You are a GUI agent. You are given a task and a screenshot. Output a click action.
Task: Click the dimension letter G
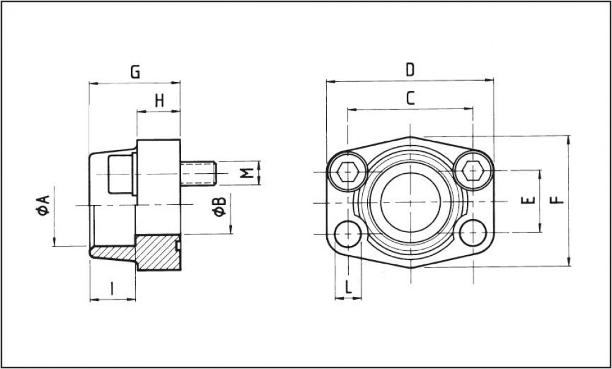[135, 72]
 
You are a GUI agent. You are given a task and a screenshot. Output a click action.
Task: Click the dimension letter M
[247, 173]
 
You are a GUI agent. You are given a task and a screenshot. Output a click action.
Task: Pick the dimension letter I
[112, 288]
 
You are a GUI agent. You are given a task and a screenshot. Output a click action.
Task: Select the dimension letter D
[410, 70]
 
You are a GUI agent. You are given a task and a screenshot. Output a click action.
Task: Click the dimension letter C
[411, 98]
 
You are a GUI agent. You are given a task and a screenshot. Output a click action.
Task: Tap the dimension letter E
[529, 201]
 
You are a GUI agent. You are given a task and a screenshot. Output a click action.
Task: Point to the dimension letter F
[556, 200]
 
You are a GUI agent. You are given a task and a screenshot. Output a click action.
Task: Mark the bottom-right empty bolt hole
[474, 233]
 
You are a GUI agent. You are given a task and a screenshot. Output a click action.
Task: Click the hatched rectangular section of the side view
[157, 253]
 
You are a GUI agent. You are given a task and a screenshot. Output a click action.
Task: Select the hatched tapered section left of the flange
[113, 253]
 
